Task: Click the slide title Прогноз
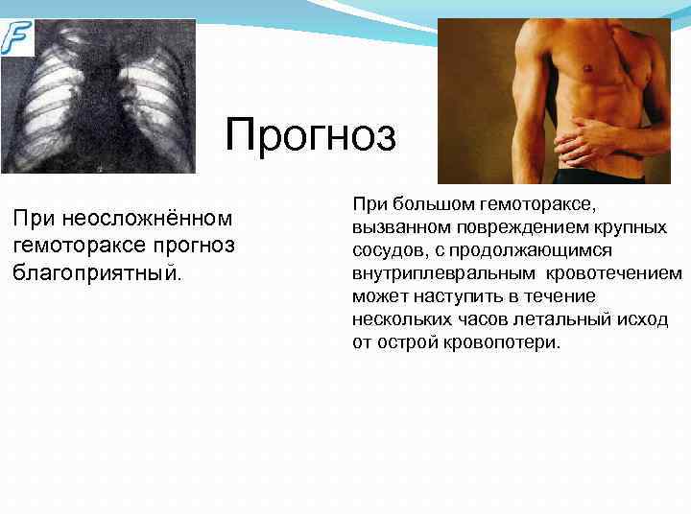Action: [x=310, y=135]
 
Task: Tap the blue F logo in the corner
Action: [x=16, y=37]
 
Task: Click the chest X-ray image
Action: [x=98, y=96]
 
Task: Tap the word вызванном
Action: [x=396, y=227]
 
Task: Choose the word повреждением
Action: [x=513, y=227]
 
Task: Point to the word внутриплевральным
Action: [x=438, y=273]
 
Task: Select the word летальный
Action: [x=550, y=319]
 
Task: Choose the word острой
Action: [x=408, y=342]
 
